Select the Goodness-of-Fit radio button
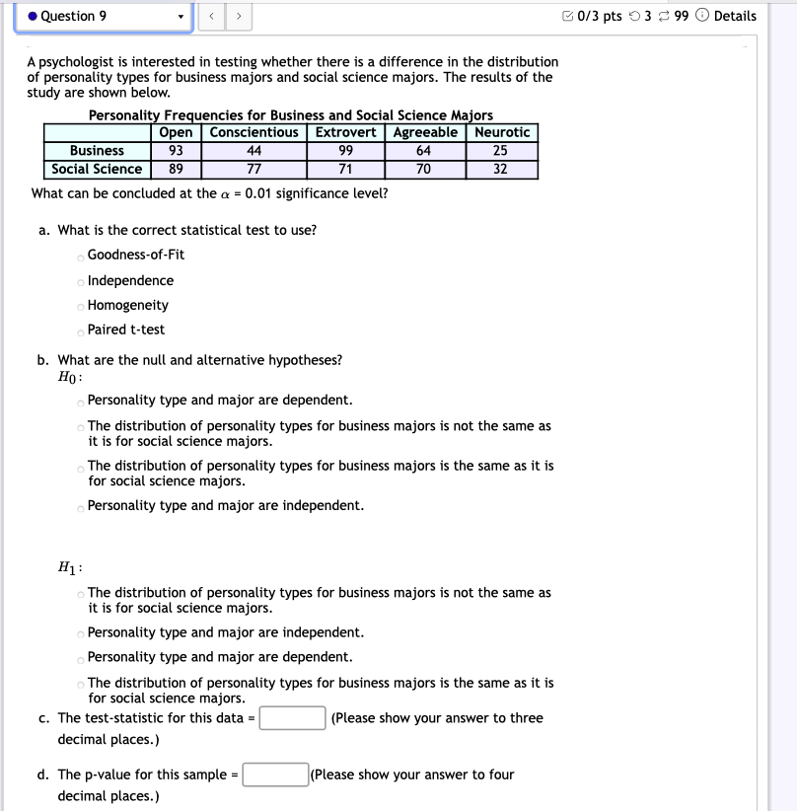click(81, 256)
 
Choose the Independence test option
click(81, 281)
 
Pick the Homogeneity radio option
click(81, 306)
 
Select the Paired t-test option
click(81, 331)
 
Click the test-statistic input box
click(293, 718)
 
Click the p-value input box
click(275, 774)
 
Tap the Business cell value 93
click(176, 151)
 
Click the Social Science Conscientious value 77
click(254, 169)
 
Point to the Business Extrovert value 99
click(345, 151)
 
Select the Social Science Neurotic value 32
click(500, 169)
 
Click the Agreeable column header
click(425, 132)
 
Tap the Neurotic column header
click(502, 132)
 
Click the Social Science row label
click(97, 169)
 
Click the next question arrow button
click(239, 17)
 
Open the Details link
click(734, 16)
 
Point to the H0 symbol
click(69, 378)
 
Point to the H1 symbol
click(69, 569)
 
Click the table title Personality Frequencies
click(290, 115)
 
